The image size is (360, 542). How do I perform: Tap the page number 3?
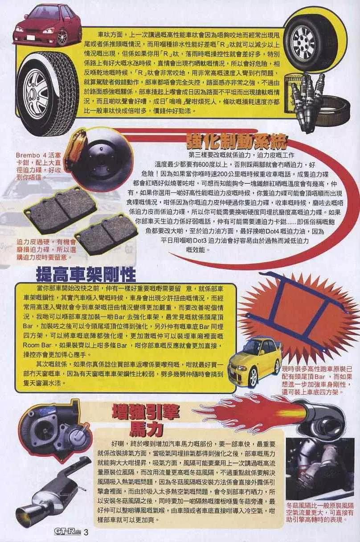pos(86,532)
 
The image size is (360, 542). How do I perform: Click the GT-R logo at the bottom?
pos(68,532)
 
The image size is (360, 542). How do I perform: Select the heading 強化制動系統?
pos(237,141)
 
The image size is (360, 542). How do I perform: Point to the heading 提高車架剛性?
pos(86,275)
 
